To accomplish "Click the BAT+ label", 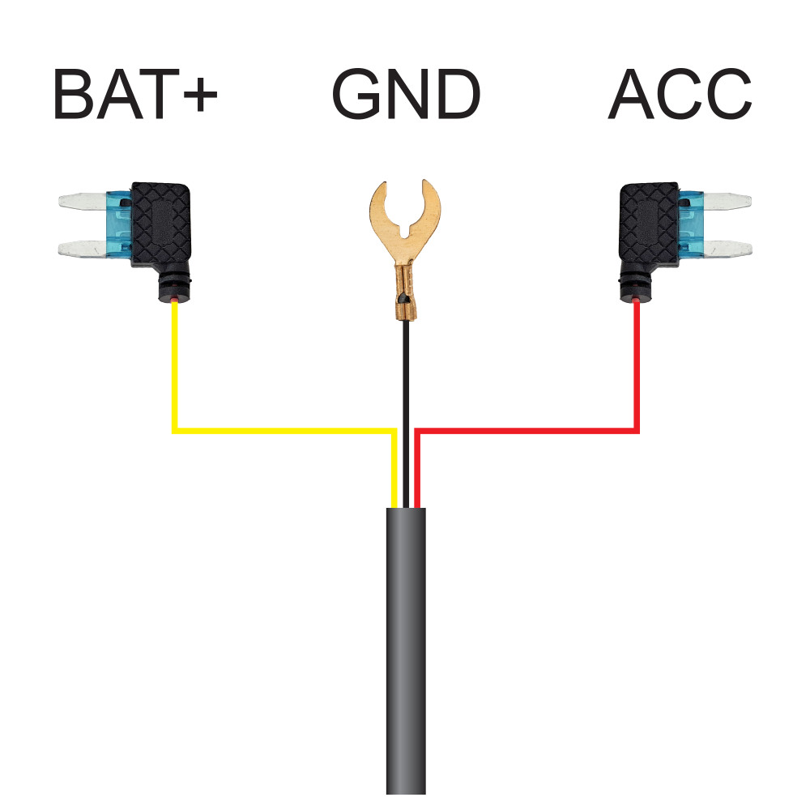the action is pos(135,94).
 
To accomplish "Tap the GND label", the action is pos(406,94).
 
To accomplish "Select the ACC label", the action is pos(680,94).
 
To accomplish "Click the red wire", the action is pos(527,430).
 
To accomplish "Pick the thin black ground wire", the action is pos(406,413).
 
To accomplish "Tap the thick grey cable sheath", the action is pos(406,651).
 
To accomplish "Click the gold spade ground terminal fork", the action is pos(405,222).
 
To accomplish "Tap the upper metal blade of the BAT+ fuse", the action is pos(83,201).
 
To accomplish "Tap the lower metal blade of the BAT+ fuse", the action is pos(83,249).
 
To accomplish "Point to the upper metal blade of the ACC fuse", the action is pos(727,201).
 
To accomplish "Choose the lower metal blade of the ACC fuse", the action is pos(727,249).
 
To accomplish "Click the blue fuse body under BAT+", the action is pos(119,224).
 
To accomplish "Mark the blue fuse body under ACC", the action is pos(691,224).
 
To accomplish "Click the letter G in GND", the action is pos(356,94).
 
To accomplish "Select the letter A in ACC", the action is pos(631,94).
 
